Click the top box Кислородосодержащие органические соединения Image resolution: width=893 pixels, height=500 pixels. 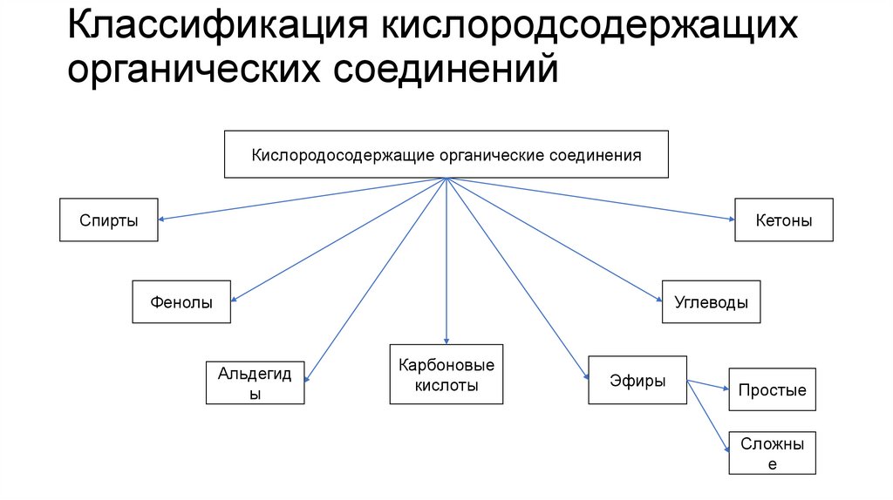pyautogui.click(x=446, y=155)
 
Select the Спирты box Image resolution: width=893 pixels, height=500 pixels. pyautogui.click(x=109, y=220)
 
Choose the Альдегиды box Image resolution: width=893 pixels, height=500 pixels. pyautogui.click(x=256, y=382)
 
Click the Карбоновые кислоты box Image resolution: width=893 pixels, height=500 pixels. pyautogui.click(x=446, y=375)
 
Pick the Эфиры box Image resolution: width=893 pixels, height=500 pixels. pyautogui.click(x=637, y=380)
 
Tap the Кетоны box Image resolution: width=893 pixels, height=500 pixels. pyautogui.click(x=784, y=220)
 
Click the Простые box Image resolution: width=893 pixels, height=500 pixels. pyautogui.click(x=772, y=389)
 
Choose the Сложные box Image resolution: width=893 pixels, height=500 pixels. pyautogui.click(x=772, y=453)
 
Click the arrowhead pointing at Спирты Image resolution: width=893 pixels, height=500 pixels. pyautogui.click(x=164, y=219)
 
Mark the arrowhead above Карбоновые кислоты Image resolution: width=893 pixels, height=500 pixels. pyautogui.click(x=446, y=340)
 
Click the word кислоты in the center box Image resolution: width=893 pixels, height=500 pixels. pyautogui.click(x=446, y=385)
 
